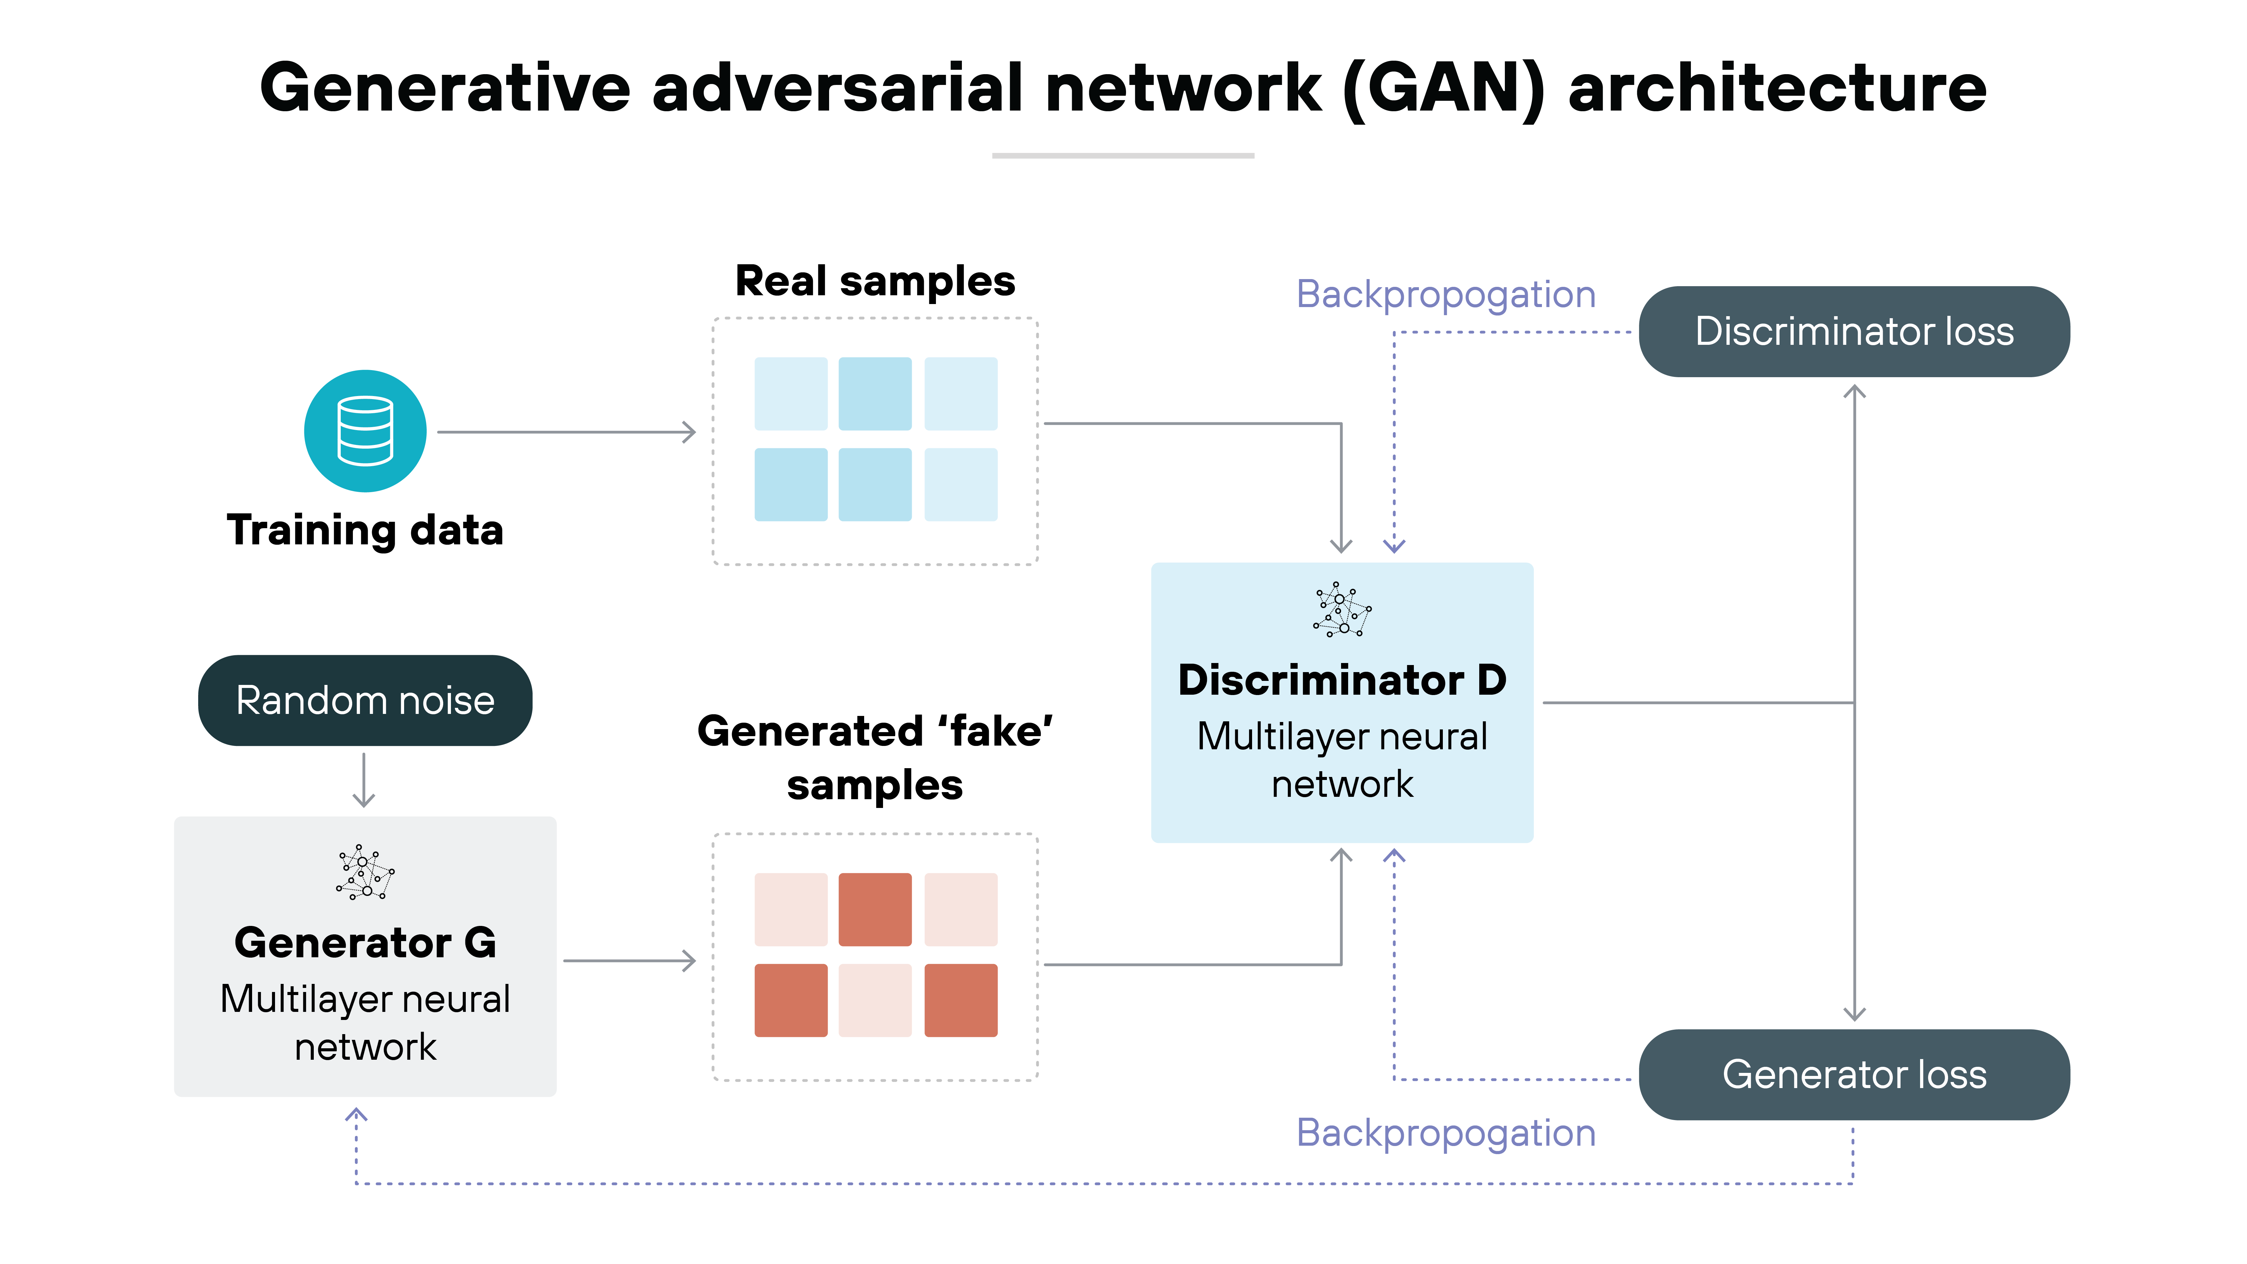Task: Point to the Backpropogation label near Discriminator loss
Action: pyautogui.click(x=1446, y=295)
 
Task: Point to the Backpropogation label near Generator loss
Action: pyautogui.click(x=1446, y=1133)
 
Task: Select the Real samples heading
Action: pyautogui.click(x=875, y=281)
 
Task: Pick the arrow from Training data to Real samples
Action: pyautogui.click(x=567, y=432)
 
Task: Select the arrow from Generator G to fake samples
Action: pyautogui.click(x=630, y=960)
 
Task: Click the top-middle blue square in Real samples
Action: pyautogui.click(x=875, y=393)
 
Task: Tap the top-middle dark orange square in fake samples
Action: pyautogui.click(x=875, y=909)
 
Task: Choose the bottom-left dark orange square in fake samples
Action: pyautogui.click(x=790, y=1000)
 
